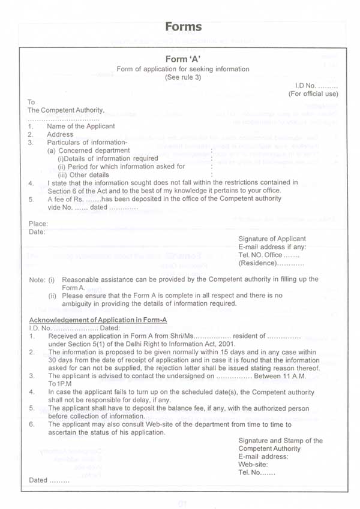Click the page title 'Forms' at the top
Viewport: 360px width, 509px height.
183,27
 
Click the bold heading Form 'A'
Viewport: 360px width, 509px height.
182,59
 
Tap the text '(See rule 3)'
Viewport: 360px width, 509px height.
182,78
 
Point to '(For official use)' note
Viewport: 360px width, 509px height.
313,94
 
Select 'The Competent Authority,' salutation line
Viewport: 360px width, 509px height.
66,110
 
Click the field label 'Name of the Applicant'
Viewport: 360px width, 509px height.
81,127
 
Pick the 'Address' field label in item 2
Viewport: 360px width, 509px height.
60,135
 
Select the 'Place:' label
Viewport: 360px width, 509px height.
38,224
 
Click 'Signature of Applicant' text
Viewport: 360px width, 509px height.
272,239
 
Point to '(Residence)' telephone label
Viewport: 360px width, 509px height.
256,263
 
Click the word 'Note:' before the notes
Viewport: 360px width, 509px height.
37,280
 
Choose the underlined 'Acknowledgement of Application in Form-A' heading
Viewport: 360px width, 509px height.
98,320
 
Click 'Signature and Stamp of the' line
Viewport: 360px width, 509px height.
280,441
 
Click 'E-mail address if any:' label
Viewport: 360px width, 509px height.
272,247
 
